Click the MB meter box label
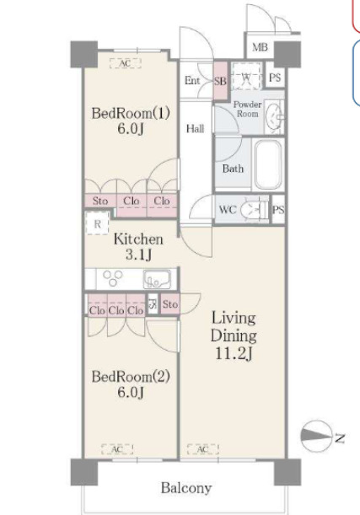pyautogui.click(x=260, y=47)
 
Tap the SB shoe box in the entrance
pyautogui.click(x=220, y=81)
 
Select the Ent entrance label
pyautogui.click(x=192, y=80)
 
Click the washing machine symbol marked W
pyautogui.click(x=246, y=77)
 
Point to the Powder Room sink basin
pyautogui.click(x=274, y=116)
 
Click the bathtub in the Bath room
pyautogui.click(x=268, y=164)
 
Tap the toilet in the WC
pyautogui.click(x=253, y=209)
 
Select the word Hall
pyautogui.click(x=195, y=128)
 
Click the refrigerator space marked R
pyautogui.click(x=97, y=223)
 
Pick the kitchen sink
pyautogui.click(x=157, y=280)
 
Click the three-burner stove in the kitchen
pyautogui.click(x=113, y=278)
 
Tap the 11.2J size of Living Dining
pyautogui.click(x=234, y=353)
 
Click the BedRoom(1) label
pyautogui.click(x=131, y=113)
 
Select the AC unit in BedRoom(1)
pyautogui.click(x=125, y=63)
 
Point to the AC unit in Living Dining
pyautogui.click(x=202, y=449)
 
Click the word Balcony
pyautogui.click(x=186, y=488)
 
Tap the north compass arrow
pyautogui.click(x=316, y=436)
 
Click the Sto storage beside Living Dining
pyautogui.click(x=170, y=304)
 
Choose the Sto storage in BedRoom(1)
pyautogui.click(x=100, y=201)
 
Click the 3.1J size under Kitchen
pyautogui.click(x=138, y=255)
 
